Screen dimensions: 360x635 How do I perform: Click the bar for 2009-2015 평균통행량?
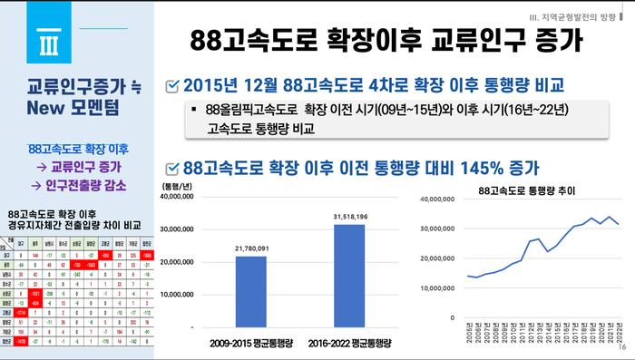pyautogui.click(x=251, y=291)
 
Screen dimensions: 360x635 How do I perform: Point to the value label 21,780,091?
pyautogui.click(x=251, y=248)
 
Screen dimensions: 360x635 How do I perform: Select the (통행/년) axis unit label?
pyautogui.click(x=178, y=186)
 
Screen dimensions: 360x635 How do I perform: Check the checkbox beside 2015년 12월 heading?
pyautogui.click(x=172, y=86)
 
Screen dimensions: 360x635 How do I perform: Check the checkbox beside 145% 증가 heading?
pyautogui.click(x=172, y=168)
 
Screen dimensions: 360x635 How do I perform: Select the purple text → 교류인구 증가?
pyautogui.click(x=77, y=166)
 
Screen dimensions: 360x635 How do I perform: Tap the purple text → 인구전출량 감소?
pyautogui.click(x=77, y=184)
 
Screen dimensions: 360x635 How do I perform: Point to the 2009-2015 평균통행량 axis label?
pyautogui.click(x=251, y=344)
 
